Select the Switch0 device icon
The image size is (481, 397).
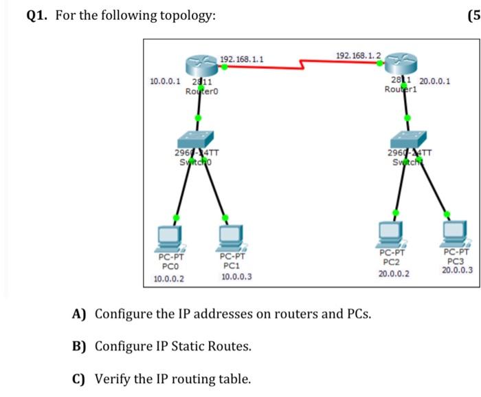tap(199, 139)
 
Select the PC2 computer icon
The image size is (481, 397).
tap(391, 233)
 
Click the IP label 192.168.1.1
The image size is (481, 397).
tap(241, 60)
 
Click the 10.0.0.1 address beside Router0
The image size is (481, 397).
tap(165, 81)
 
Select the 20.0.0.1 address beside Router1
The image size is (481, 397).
tap(435, 81)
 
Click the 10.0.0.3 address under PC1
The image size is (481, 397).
tap(236, 277)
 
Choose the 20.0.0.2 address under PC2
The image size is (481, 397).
tap(394, 273)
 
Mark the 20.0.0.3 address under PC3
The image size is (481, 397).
tap(457, 270)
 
